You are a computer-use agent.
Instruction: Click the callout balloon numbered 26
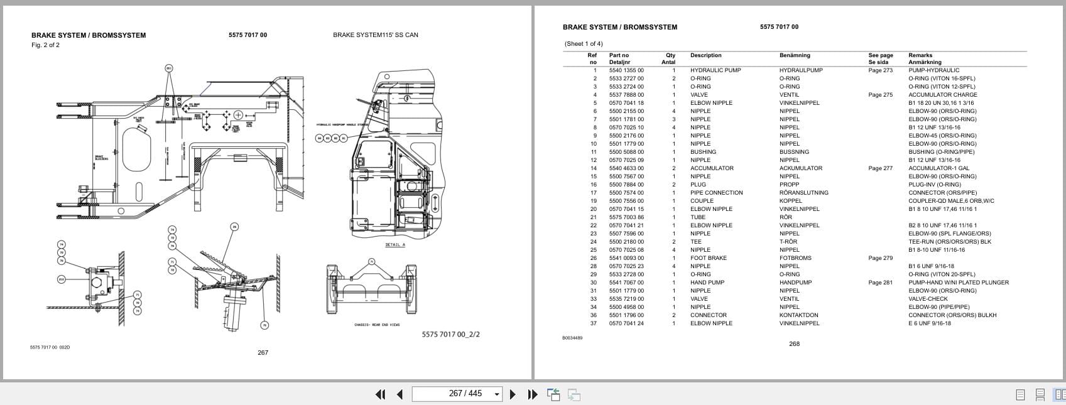[x=234, y=227]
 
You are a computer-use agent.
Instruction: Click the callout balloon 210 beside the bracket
[x=61, y=279]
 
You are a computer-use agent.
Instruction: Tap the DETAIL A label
[x=395, y=245]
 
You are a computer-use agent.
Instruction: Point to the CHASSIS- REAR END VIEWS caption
[x=377, y=325]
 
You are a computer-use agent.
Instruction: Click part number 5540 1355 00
[x=626, y=70]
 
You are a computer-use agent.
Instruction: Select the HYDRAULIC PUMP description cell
[x=715, y=70]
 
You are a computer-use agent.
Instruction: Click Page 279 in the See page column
[x=880, y=258]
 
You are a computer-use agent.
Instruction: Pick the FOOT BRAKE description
[x=708, y=258]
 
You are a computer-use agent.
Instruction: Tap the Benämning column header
[x=795, y=55]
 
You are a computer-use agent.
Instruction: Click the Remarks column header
[x=920, y=55]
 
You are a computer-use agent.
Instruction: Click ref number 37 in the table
[x=593, y=323]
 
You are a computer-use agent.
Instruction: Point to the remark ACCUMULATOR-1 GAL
[x=938, y=168]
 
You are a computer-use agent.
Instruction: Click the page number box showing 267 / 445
[x=457, y=394]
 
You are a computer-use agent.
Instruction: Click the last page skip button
[x=533, y=394]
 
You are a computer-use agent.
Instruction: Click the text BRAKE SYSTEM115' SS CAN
[x=375, y=35]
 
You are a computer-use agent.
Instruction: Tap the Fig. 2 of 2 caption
[x=45, y=45]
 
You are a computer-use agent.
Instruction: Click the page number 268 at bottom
[x=794, y=344]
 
